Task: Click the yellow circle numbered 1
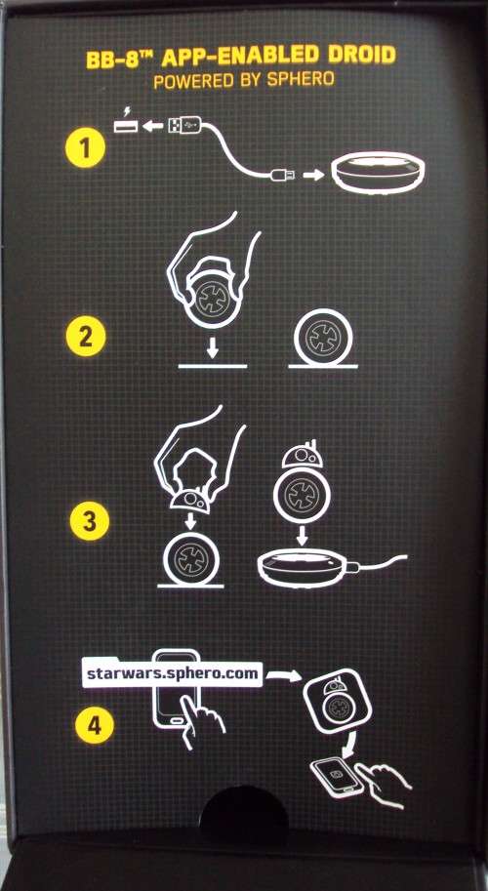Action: (85, 149)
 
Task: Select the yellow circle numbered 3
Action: (90, 522)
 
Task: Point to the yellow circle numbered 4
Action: (95, 725)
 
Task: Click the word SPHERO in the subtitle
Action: (302, 80)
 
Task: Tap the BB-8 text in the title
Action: (117, 59)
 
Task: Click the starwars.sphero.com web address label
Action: (172, 674)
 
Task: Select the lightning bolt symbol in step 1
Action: (126, 111)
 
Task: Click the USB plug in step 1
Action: (184, 125)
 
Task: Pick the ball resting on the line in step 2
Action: (323, 338)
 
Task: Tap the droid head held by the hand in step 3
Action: (190, 500)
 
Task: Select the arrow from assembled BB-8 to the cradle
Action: (302, 535)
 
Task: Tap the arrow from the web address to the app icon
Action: (283, 675)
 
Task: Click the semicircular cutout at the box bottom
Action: (244, 811)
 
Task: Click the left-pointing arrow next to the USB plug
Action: (152, 126)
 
